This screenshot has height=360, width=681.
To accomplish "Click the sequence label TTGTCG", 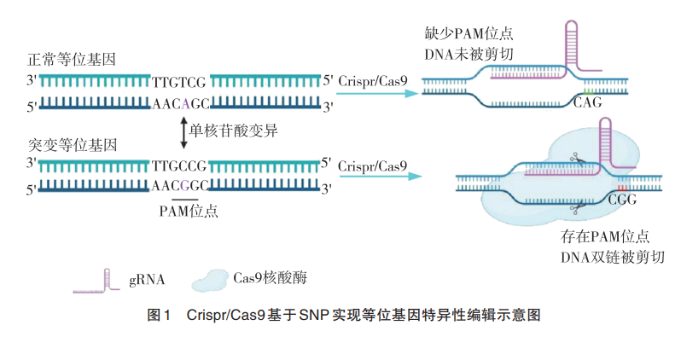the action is tap(179, 82).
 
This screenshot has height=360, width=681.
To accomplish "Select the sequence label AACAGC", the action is tap(180, 104).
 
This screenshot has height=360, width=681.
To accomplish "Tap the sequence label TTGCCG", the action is tap(179, 165).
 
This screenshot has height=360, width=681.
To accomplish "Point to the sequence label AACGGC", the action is tap(180, 186).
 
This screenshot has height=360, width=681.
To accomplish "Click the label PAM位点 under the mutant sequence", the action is tap(189, 211).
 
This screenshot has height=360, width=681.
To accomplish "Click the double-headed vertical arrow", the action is tap(183, 132).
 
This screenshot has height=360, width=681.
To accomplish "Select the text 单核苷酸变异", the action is tap(233, 131).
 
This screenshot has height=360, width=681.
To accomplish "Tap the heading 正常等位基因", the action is tap(72, 59).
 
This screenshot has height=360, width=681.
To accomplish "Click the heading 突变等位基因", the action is tap(73, 145).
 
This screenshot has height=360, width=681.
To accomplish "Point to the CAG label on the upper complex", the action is tap(587, 102).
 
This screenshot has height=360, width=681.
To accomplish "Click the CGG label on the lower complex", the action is tap(622, 200).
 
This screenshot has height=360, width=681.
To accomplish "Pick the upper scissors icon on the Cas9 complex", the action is tap(577, 159).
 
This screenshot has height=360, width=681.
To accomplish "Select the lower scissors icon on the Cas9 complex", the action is tap(577, 208).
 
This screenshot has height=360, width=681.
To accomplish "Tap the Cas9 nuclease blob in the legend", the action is tap(210, 281).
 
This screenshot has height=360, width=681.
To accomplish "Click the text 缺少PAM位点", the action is tap(469, 33).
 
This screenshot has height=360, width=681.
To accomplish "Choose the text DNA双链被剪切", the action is tap(613, 258).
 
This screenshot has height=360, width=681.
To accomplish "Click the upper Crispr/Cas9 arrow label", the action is tap(373, 81).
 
